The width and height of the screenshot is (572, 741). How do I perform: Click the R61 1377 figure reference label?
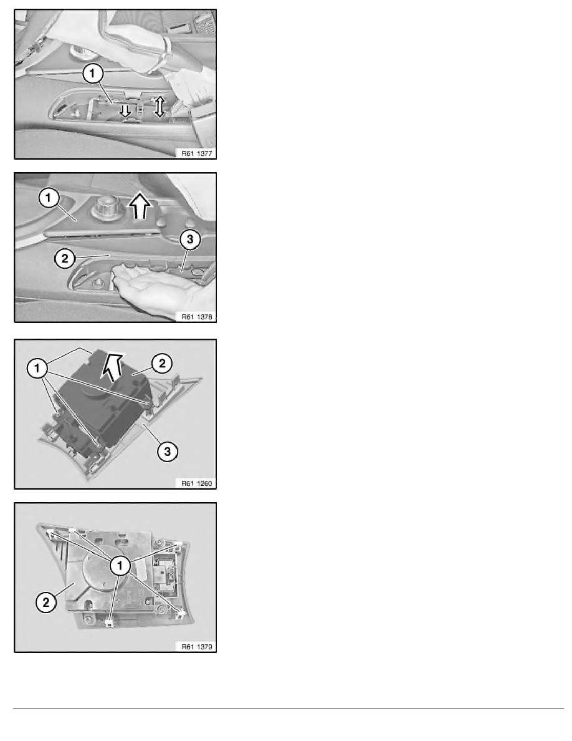tap(197, 153)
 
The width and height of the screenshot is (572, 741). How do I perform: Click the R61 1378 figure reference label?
tap(197, 317)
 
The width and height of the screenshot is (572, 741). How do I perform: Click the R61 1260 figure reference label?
tap(197, 483)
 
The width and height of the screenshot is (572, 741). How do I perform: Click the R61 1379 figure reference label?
tap(197, 646)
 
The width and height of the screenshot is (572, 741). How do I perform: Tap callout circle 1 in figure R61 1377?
tap(92, 73)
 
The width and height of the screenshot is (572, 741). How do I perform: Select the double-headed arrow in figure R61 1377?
tap(160, 106)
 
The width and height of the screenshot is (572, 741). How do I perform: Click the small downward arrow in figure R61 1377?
tap(125, 110)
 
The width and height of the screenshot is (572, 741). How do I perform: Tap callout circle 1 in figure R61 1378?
tap(49, 198)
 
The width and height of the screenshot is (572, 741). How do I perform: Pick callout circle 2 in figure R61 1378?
tap(65, 258)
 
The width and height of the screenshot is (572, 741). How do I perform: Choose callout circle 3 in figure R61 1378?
tap(190, 240)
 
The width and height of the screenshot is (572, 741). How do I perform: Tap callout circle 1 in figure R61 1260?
tap(37, 368)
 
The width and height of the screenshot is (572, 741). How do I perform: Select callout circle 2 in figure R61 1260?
tap(162, 364)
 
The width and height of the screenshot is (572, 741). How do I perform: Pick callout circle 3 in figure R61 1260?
tap(168, 452)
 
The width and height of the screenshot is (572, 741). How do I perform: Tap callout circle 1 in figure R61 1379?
tap(120, 566)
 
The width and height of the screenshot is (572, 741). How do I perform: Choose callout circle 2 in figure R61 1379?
tap(45, 603)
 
